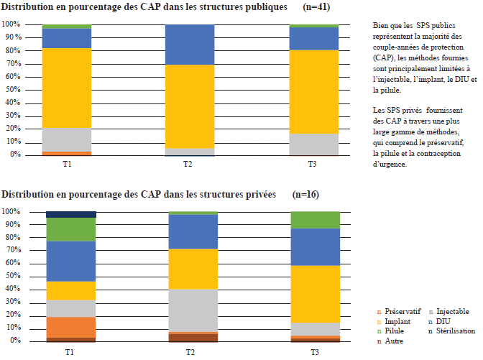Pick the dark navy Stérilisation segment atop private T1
71,214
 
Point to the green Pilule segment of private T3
315,220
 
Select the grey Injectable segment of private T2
193,310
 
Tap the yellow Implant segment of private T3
315,294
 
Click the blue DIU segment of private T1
71,260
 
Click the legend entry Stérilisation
451,331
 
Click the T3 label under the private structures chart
315,351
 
